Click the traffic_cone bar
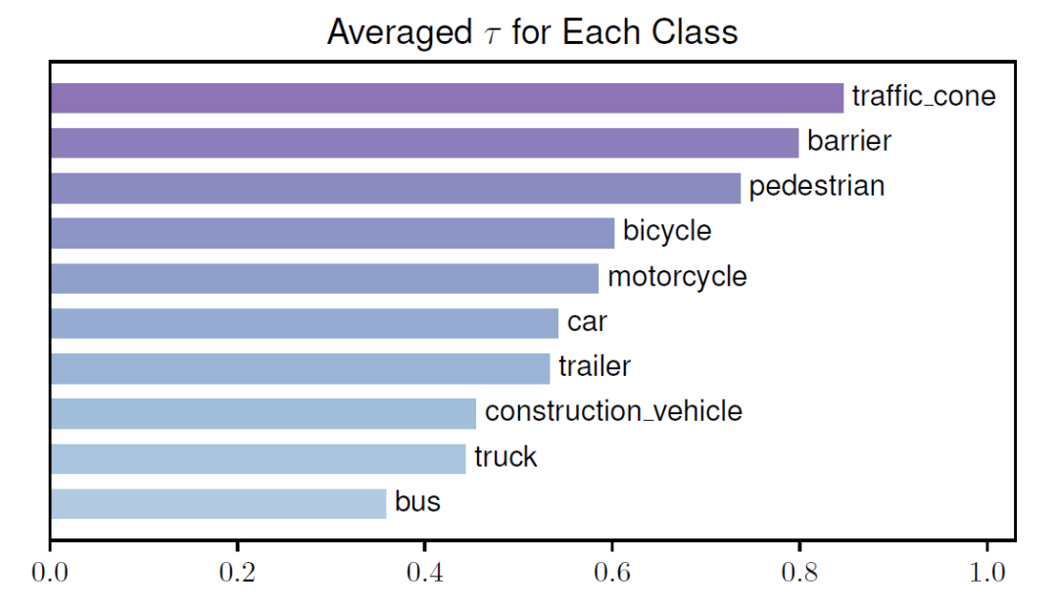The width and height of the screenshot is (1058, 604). click(x=446, y=98)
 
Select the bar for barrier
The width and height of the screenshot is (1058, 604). click(x=423, y=143)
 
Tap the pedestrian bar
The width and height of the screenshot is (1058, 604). click(x=395, y=188)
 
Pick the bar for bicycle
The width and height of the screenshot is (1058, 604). click(x=332, y=233)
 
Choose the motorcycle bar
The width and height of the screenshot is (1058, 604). click(x=323, y=278)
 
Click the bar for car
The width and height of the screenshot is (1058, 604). click(x=304, y=323)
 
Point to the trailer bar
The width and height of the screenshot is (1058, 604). click(x=300, y=368)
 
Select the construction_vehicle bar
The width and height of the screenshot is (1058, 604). click(x=263, y=413)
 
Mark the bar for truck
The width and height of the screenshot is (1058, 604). click(x=258, y=458)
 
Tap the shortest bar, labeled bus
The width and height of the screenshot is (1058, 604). click(x=217, y=503)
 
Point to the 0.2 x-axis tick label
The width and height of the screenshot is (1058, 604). click(x=236, y=573)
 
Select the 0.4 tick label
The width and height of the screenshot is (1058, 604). click(x=424, y=573)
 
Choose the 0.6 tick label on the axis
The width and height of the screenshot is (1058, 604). click(x=611, y=573)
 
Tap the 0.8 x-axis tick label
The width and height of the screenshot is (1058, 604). click(x=799, y=573)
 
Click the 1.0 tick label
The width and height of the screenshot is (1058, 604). click(x=986, y=573)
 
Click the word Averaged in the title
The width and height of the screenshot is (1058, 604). click(x=398, y=32)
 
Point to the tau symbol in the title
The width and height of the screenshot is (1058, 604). click(x=489, y=34)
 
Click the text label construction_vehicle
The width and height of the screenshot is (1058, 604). click(x=613, y=412)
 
